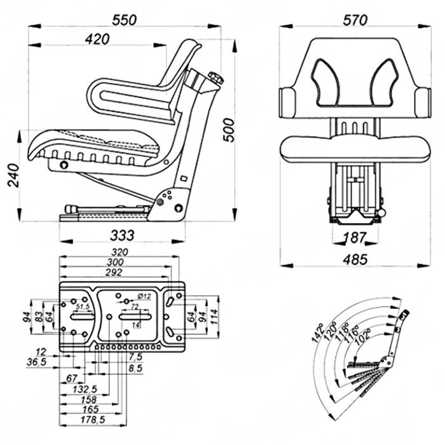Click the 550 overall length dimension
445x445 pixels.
(125, 20)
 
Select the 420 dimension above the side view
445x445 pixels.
(97, 39)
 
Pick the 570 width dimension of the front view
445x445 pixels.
(355, 20)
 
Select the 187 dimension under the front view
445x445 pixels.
(354, 238)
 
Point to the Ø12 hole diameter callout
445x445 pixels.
(142, 296)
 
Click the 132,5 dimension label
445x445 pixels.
(85, 389)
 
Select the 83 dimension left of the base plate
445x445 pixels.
(39, 314)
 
